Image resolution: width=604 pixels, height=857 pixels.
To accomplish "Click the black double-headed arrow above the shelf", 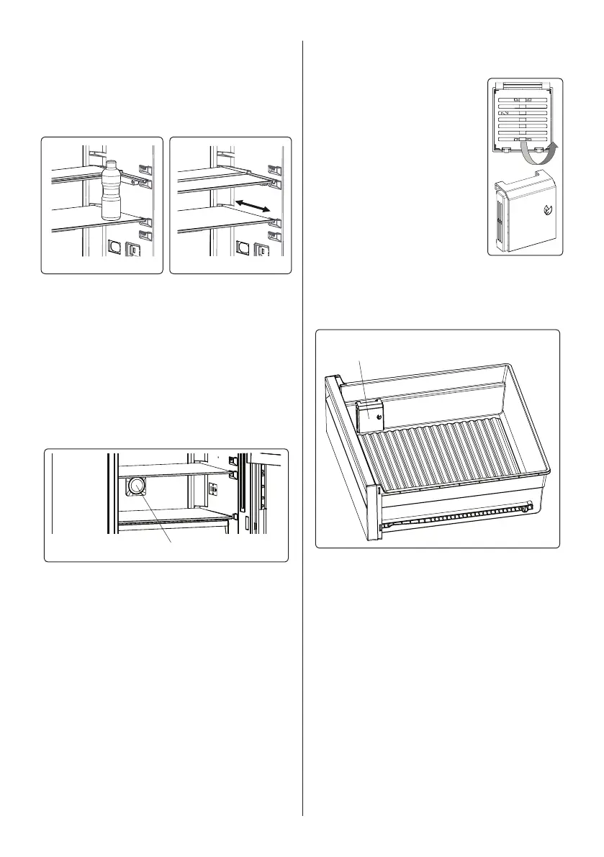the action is click(252, 205).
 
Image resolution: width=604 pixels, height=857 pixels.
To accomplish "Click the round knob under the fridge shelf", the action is click(136, 486).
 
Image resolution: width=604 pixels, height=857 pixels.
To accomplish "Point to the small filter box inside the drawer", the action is click(371, 416).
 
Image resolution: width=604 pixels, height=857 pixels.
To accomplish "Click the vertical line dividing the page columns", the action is click(302, 432).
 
